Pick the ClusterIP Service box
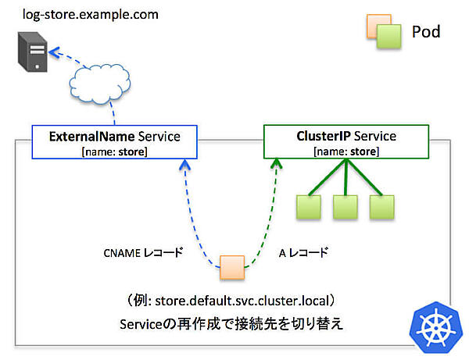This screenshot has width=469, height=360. click(x=345, y=142)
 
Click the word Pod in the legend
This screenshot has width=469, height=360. click(x=426, y=32)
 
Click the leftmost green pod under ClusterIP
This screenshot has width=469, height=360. click(x=308, y=208)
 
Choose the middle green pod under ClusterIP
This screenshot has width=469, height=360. click(x=345, y=208)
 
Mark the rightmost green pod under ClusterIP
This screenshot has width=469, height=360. click(x=381, y=208)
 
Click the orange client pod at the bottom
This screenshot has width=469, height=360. click(x=232, y=267)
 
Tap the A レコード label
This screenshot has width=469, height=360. click(x=303, y=253)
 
